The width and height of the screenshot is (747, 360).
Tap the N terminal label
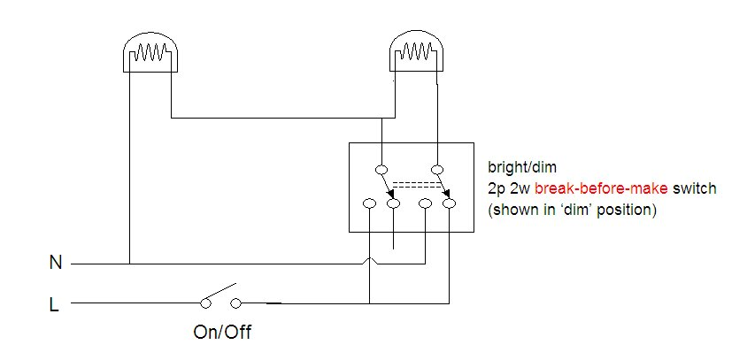pos(56,263)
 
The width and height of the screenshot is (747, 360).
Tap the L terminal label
pos(55,304)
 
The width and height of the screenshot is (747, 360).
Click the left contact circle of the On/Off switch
pos(206,303)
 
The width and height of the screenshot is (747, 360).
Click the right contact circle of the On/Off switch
pos(236,303)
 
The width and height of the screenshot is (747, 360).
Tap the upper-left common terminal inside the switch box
pos(382,169)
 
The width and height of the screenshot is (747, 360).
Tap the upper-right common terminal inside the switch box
pos(436,169)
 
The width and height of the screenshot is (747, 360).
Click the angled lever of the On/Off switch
pos(220,293)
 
